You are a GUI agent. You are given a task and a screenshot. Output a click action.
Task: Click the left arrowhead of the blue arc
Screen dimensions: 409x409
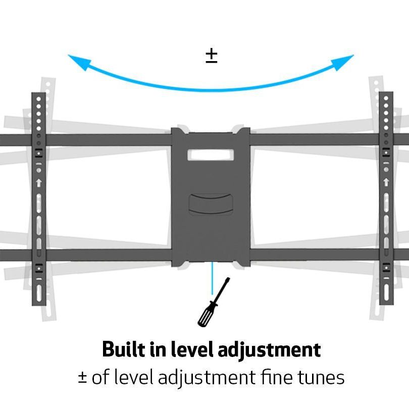(x=77, y=61)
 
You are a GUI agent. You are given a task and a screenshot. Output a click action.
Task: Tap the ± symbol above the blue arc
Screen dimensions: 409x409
(x=211, y=56)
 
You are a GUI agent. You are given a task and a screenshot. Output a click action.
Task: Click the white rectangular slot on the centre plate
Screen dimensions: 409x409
(x=211, y=154)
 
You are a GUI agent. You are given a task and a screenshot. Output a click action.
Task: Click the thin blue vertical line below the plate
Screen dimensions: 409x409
(x=212, y=278)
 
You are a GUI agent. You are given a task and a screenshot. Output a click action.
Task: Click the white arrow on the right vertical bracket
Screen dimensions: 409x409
(x=386, y=182)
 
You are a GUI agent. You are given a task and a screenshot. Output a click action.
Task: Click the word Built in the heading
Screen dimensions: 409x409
(x=120, y=349)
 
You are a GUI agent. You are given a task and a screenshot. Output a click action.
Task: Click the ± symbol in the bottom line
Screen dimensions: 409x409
(x=82, y=378)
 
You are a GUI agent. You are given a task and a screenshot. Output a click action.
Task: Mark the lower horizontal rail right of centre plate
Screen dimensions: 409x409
(x=313, y=254)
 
